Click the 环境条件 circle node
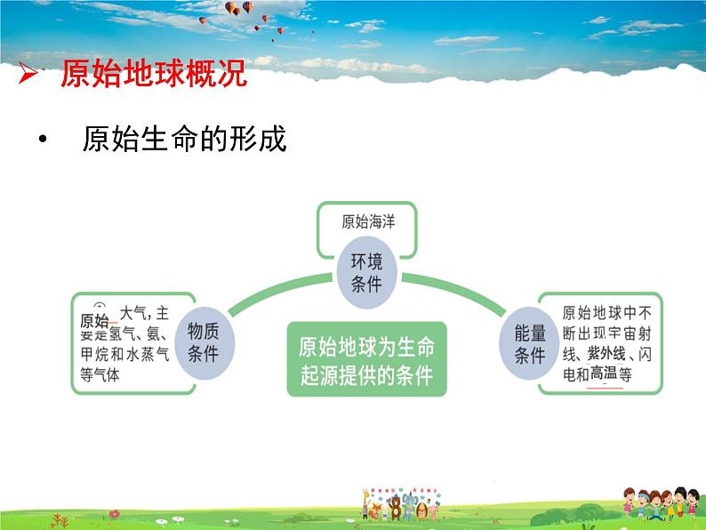[x=365, y=272]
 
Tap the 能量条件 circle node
[x=530, y=343]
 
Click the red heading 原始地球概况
[x=153, y=75]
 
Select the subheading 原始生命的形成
[x=185, y=140]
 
